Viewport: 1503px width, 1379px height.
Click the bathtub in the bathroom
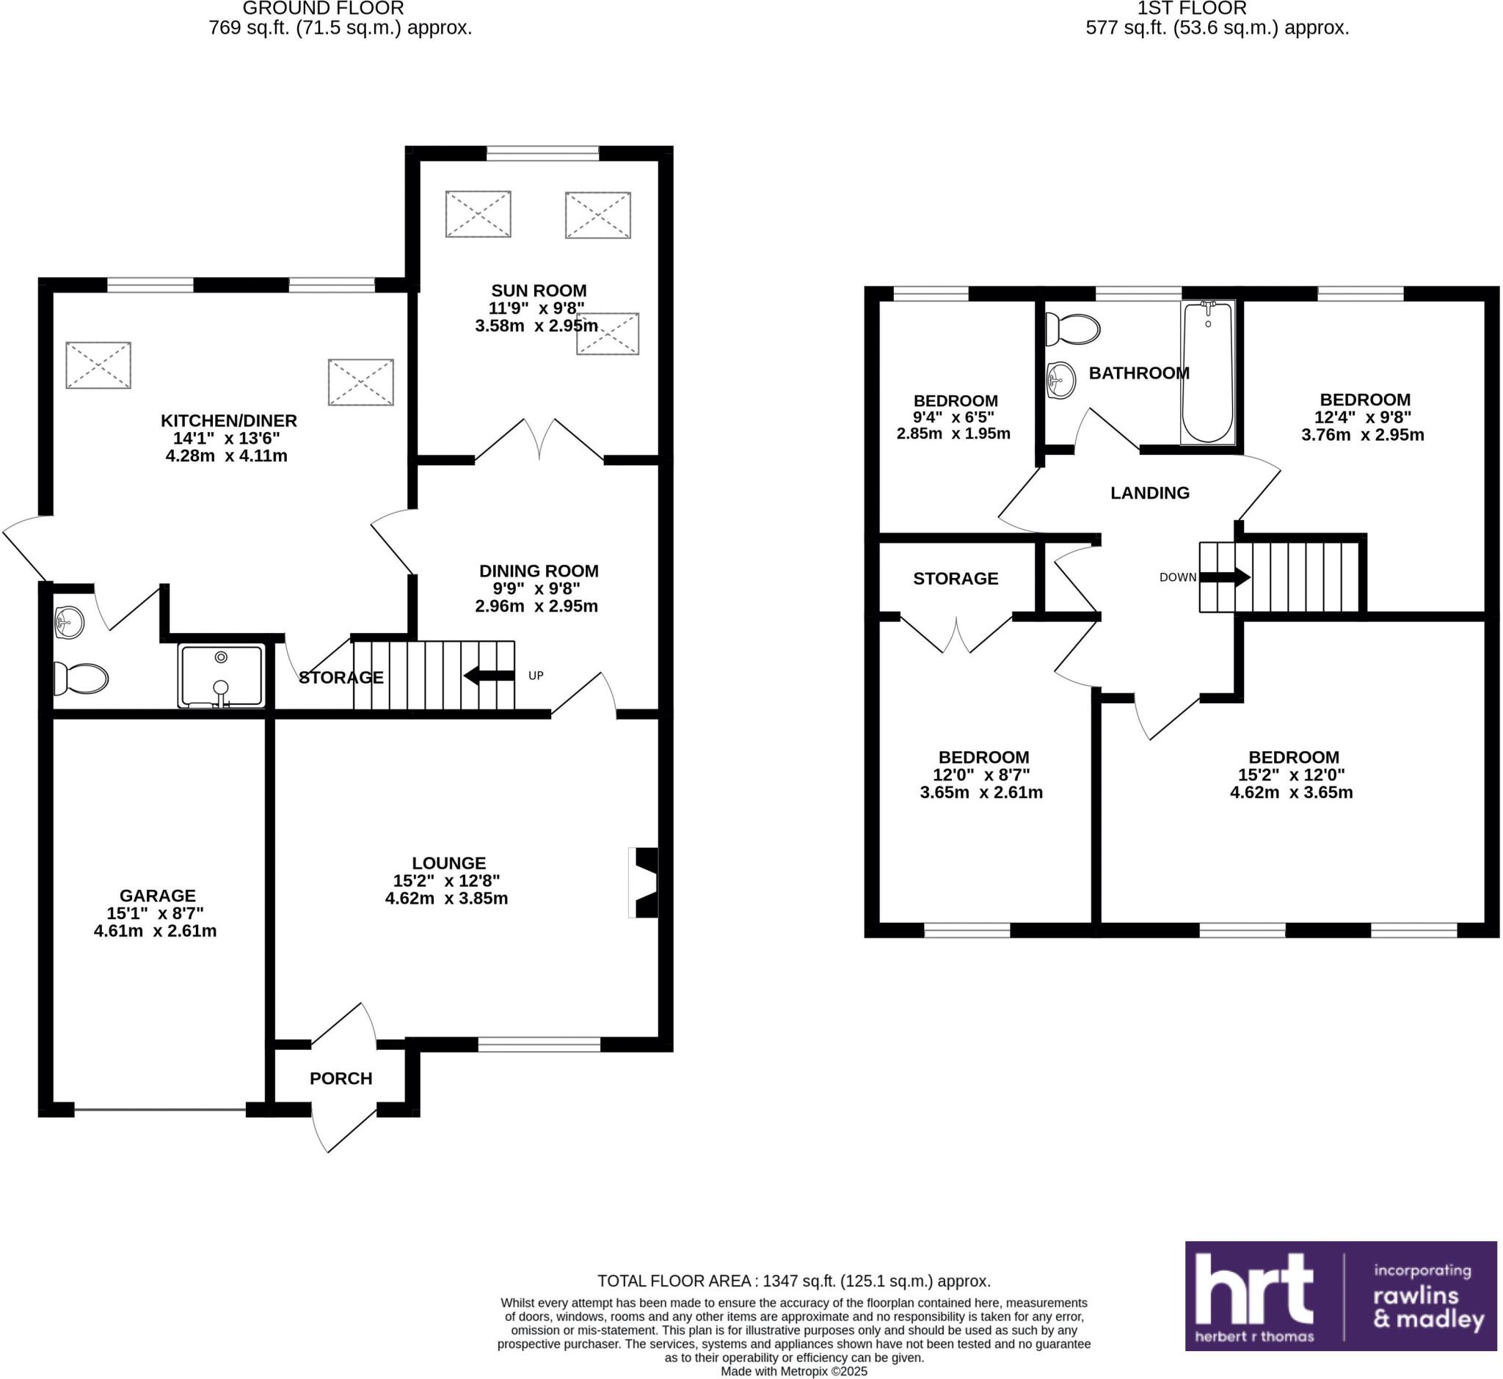tap(1207, 373)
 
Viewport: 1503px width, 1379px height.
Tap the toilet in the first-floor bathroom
tap(1074, 329)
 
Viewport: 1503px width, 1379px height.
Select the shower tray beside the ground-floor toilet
tap(221, 676)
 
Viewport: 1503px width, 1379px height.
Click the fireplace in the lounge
tap(645, 882)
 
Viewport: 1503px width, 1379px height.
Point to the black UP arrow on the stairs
tap(489, 676)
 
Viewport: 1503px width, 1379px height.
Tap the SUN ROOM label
tap(539, 290)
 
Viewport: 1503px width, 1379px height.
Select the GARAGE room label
tap(158, 896)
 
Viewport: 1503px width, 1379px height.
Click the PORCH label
tap(341, 1078)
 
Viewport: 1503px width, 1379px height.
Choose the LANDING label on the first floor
tap(1149, 492)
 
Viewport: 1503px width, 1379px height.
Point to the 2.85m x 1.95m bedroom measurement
tap(953, 434)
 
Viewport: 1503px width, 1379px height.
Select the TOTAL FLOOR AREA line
tap(793, 1281)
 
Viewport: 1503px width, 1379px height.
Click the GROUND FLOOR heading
tap(324, 9)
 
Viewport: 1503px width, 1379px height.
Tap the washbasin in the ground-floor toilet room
tap(69, 621)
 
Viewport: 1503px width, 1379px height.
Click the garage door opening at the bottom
tap(160, 1110)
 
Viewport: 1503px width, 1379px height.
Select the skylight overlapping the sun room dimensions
tap(608, 334)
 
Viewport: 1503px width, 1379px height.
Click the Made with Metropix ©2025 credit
tap(793, 1372)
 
